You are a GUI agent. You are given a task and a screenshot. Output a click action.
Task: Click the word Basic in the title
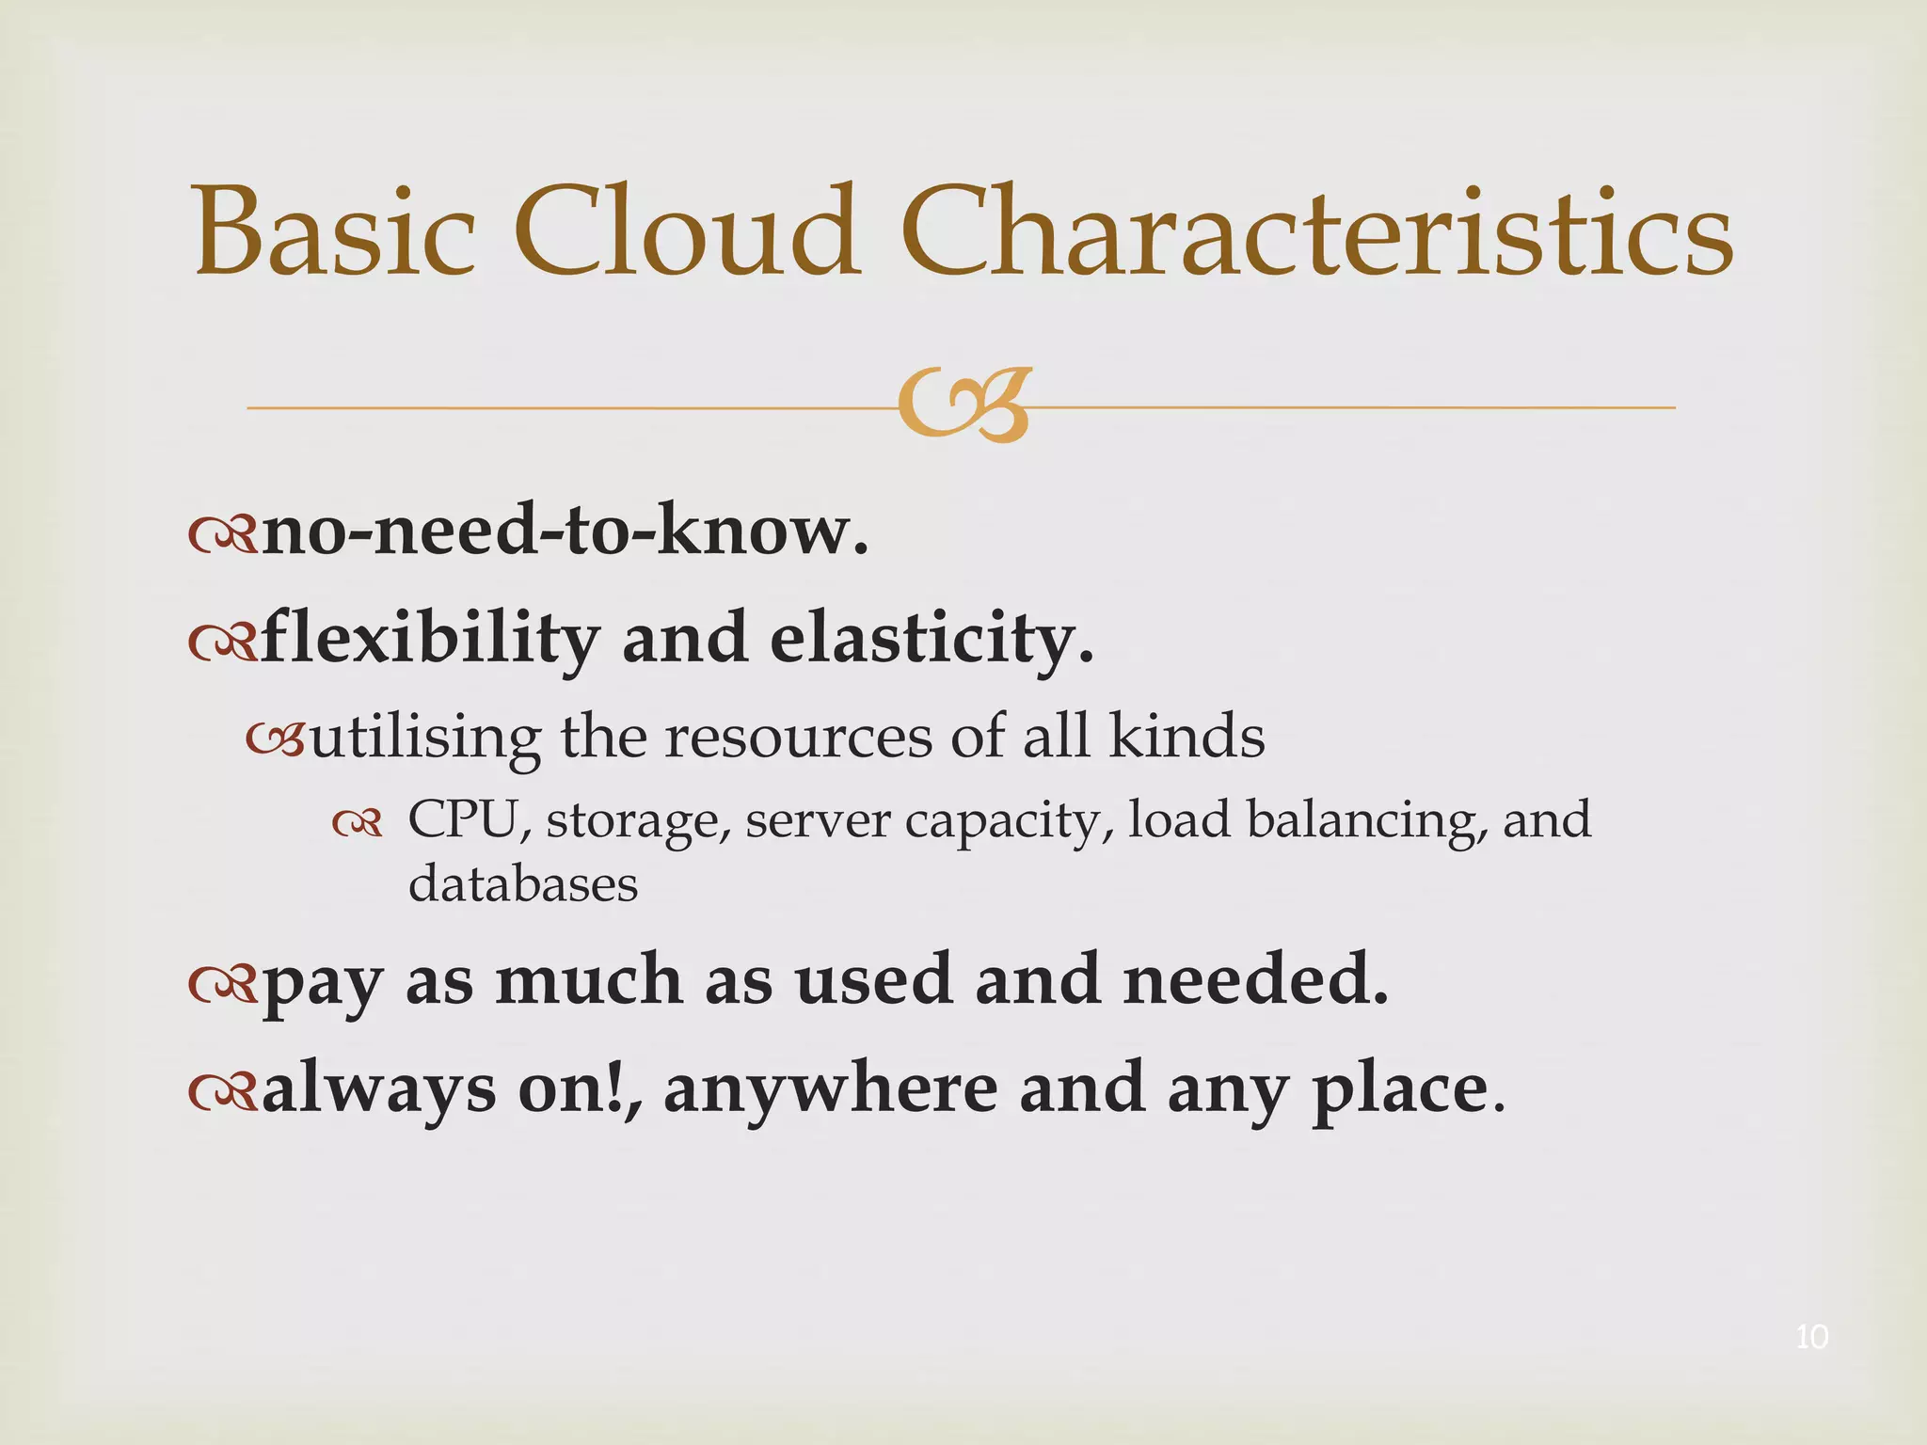pos(334,232)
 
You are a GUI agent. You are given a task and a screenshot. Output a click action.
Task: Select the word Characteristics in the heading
pos(1315,232)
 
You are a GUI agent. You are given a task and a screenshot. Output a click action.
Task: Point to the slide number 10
pos(1811,1337)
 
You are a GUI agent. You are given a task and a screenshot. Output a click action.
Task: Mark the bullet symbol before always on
pos(222,1091)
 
